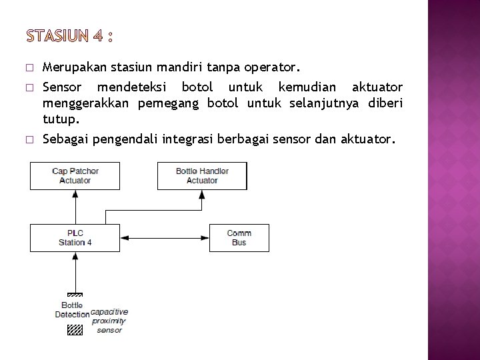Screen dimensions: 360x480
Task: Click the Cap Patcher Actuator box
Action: pyautogui.click(x=75, y=175)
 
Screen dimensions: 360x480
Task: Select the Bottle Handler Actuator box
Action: pyautogui.click(x=201, y=175)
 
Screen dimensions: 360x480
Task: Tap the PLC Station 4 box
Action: pyautogui.click(x=75, y=238)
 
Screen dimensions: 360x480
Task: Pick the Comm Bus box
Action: pyautogui.click(x=239, y=238)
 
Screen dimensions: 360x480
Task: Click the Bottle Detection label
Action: pyautogui.click(x=72, y=309)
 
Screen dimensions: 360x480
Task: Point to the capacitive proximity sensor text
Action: pyautogui.click(x=109, y=321)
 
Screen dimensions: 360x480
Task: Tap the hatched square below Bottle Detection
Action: pyautogui.click(x=75, y=329)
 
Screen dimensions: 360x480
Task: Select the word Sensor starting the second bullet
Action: pyautogui.click(x=61, y=88)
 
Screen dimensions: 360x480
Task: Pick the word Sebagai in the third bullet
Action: pyautogui.click(x=66, y=140)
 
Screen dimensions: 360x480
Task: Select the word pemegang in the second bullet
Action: pyautogui.click(x=170, y=104)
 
